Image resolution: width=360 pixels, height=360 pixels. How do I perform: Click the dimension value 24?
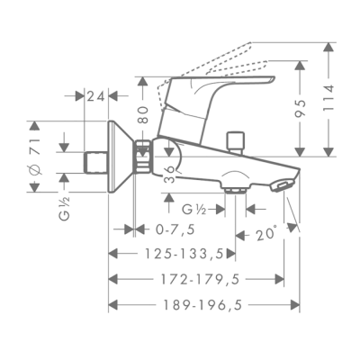97,95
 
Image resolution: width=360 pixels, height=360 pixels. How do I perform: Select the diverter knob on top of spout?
238,141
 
